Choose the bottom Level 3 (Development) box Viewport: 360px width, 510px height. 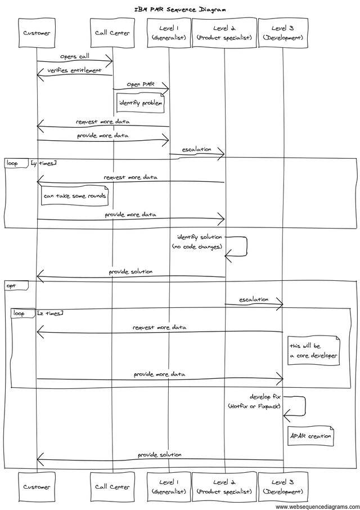click(283, 487)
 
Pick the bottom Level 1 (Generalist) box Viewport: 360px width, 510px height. click(169, 487)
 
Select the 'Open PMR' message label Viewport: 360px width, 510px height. click(140, 84)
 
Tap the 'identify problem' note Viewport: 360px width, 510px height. click(141, 103)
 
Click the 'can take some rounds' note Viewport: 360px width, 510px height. click(75, 196)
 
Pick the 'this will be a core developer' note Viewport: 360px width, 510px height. click(313, 351)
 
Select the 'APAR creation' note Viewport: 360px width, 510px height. click(310, 436)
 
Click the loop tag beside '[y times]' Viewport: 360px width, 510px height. click(12, 163)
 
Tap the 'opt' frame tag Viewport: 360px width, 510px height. click(11, 286)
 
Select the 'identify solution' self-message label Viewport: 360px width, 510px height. click(200, 237)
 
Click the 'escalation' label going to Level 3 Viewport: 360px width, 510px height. click(254, 299)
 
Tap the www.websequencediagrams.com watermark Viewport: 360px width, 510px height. click(317, 506)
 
